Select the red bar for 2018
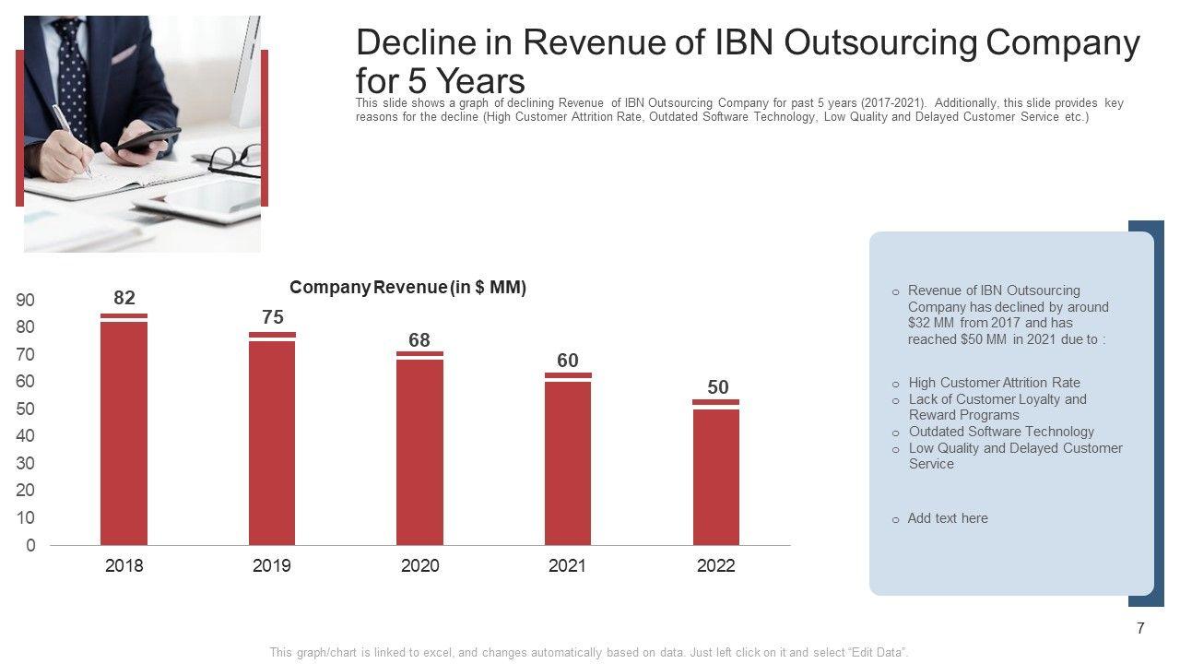[124, 433]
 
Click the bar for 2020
[419, 452]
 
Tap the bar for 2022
[716, 475]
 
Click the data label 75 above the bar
[273, 317]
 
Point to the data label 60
[568, 361]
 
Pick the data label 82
[124, 297]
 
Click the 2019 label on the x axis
[272, 566]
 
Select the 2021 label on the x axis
[568, 566]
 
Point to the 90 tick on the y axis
[25, 301]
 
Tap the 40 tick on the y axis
[25, 436]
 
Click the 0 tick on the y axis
[30, 546]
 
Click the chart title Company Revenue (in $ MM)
[407, 288]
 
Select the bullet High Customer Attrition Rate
[994, 383]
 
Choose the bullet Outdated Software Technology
[1001, 432]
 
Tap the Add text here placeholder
[947, 518]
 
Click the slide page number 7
[1140, 629]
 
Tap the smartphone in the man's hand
[148, 139]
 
